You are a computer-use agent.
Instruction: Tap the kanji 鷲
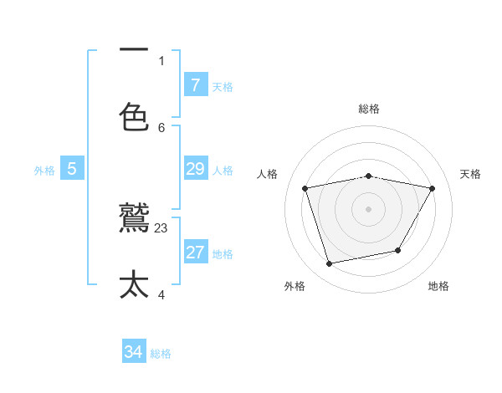[x=134, y=219]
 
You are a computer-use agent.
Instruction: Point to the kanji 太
[x=134, y=284]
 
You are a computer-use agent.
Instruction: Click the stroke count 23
[x=161, y=227]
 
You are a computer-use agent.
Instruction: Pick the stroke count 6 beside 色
[x=161, y=127]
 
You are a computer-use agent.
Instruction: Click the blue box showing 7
[x=195, y=84]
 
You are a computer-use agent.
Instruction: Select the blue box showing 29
[x=195, y=169]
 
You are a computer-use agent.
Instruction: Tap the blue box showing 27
[x=195, y=253]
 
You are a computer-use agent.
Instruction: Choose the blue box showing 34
[x=134, y=352]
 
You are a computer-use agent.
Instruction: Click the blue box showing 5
[x=72, y=169]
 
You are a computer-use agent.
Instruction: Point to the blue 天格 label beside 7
[x=223, y=86]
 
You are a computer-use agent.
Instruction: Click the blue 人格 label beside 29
[x=223, y=170]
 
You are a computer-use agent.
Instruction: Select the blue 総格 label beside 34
[x=161, y=354]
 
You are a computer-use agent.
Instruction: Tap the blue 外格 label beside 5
[x=44, y=171]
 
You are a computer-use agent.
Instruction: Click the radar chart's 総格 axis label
[x=369, y=109]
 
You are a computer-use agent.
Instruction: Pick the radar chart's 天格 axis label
[x=470, y=174]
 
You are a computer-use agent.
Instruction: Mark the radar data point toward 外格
[x=330, y=263]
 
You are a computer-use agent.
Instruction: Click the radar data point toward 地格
[x=398, y=250]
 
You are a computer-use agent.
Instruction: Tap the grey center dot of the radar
[x=369, y=209]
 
